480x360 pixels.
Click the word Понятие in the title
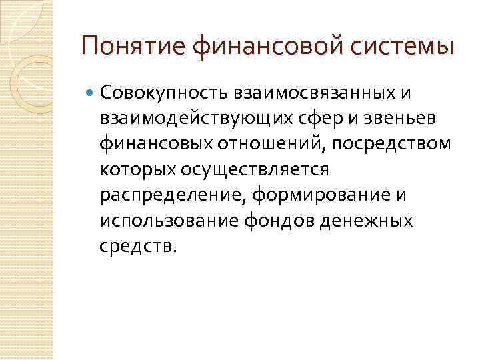click(132, 47)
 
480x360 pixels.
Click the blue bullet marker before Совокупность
click(90, 91)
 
